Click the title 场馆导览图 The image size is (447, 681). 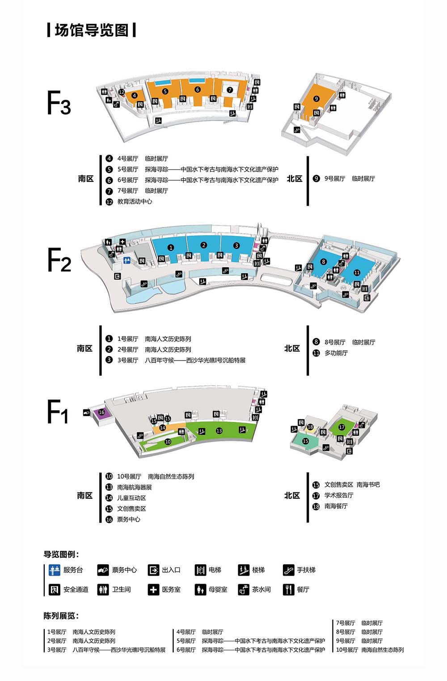pos(92,30)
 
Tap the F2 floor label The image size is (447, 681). pos(59,260)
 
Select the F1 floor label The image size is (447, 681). pos(58,412)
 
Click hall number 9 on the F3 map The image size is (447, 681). pos(316,99)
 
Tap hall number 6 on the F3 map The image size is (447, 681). pos(198,89)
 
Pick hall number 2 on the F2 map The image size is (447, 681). pos(204,245)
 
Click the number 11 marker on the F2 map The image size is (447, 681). pos(357,273)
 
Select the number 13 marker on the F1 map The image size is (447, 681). pos(219,431)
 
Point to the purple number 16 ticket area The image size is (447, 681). pos(101,412)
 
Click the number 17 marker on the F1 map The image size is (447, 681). pos(342,427)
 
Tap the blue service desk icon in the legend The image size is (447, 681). pos(55,570)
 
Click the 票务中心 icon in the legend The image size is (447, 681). pos(103,570)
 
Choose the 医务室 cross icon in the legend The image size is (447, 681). pos(153,590)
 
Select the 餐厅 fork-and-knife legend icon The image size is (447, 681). pos(288,590)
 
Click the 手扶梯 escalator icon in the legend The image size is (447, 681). pos(288,570)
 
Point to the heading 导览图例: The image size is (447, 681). pos(61,555)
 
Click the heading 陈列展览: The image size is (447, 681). pos(61,616)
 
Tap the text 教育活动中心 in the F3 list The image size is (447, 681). pos(135,202)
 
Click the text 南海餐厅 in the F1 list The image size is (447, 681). pos(336,506)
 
